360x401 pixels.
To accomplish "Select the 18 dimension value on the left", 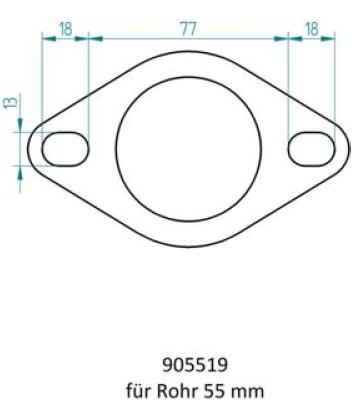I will (65, 28).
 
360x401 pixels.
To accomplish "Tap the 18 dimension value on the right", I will (311, 28).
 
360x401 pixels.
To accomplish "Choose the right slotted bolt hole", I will (310, 149).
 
